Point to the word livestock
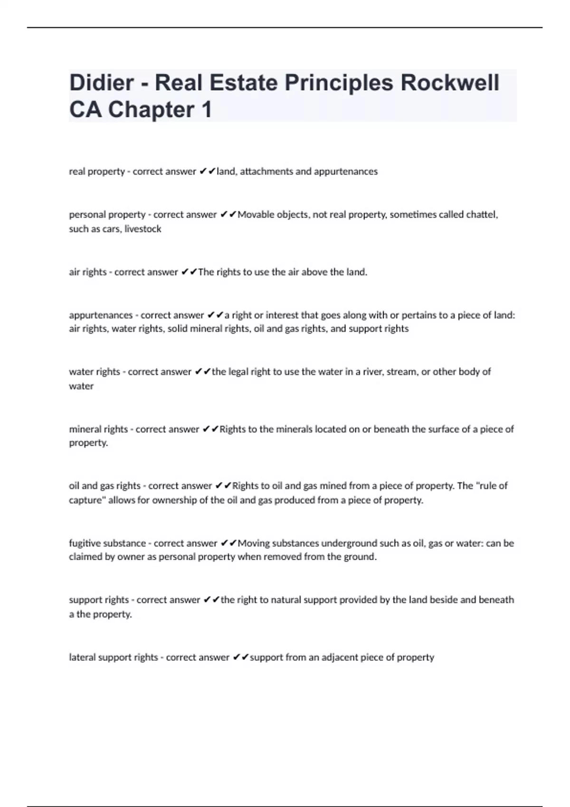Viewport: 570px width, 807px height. click(142, 229)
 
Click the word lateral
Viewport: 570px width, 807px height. click(82, 657)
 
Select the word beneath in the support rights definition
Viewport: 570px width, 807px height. click(496, 600)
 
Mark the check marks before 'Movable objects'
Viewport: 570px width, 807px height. click(228, 215)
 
